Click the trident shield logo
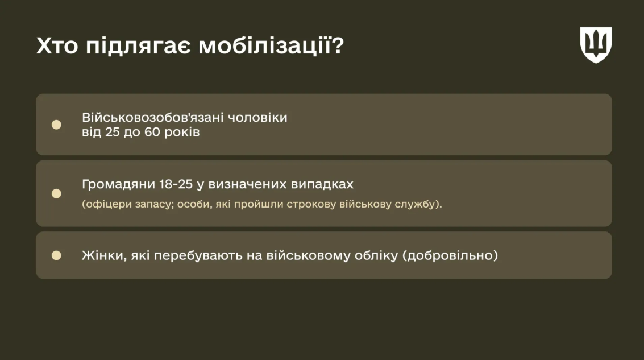coord(596,44)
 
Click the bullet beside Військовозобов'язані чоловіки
coord(56,125)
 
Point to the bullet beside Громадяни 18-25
coord(56,193)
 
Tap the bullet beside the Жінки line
coord(56,255)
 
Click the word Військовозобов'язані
coord(153,118)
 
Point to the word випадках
coord(322,185)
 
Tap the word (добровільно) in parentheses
coord(450,256)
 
